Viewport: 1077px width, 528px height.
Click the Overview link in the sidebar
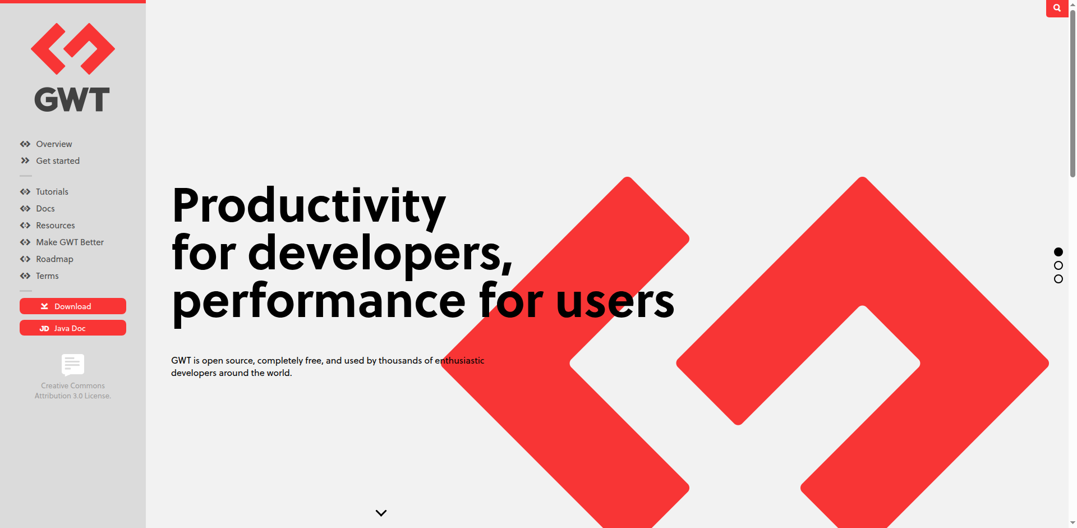click(54, 144)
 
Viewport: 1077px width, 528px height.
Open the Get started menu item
click(58, 161)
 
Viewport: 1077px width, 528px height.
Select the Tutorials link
click(52, 192)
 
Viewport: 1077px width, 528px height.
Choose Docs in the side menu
click(45, 209)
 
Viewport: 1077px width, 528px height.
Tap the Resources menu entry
click(56, 226)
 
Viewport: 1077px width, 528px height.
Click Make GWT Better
click(70, 242)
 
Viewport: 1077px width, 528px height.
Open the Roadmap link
click(54, 259)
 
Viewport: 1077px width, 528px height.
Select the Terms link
click(47, 276)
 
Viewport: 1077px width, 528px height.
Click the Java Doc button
click(73, 328)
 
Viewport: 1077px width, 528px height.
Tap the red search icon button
click(1057, 8)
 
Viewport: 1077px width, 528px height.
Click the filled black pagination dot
click(1058, 252)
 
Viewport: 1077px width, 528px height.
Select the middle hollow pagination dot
click(1058, 265)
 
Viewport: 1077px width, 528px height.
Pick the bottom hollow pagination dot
click(1058, 279)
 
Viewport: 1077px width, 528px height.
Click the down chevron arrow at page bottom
click(381, 513)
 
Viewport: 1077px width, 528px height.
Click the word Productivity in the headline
click(309, 206)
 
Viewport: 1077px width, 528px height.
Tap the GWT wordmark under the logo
click(72, 99)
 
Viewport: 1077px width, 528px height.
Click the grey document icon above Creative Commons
click(73, 365)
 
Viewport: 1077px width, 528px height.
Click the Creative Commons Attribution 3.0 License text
click(73, 391)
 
